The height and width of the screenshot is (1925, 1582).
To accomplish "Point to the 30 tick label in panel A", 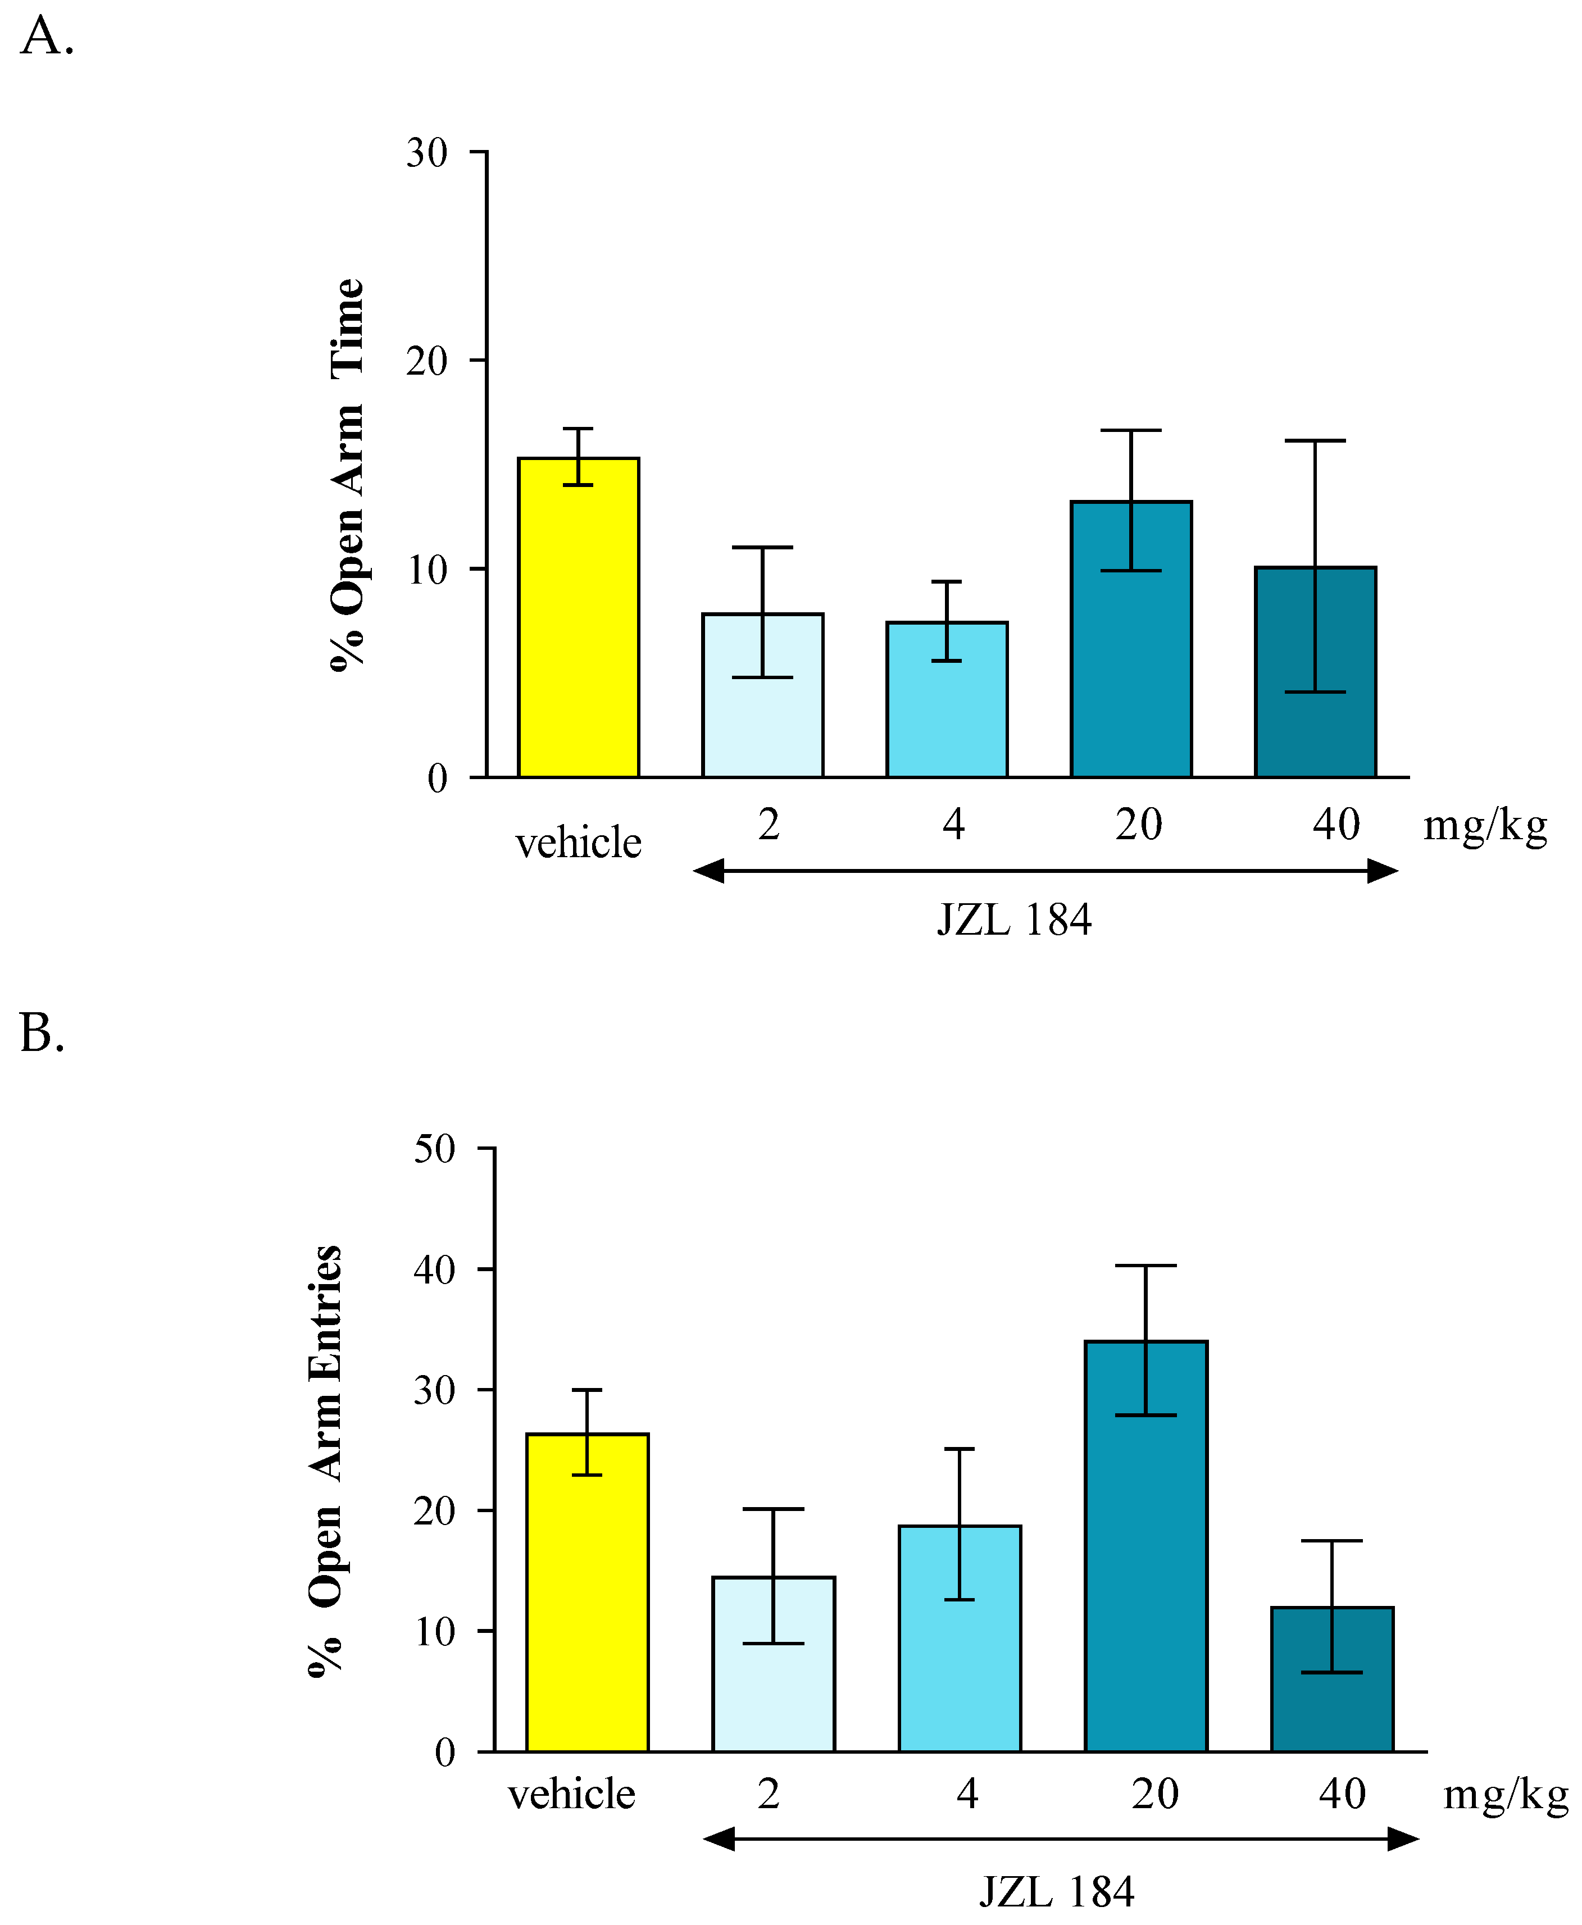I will (426, 153).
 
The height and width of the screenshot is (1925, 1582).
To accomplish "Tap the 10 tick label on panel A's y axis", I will (426, 570).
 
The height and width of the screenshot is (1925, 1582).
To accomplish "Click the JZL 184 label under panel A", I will (1013, 920).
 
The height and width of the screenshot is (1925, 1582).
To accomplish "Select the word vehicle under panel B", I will (571, 1795).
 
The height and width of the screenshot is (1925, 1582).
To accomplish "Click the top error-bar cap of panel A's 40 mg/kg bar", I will (1315, 441).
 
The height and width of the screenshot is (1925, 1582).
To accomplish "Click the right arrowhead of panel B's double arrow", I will (1403, 1840).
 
